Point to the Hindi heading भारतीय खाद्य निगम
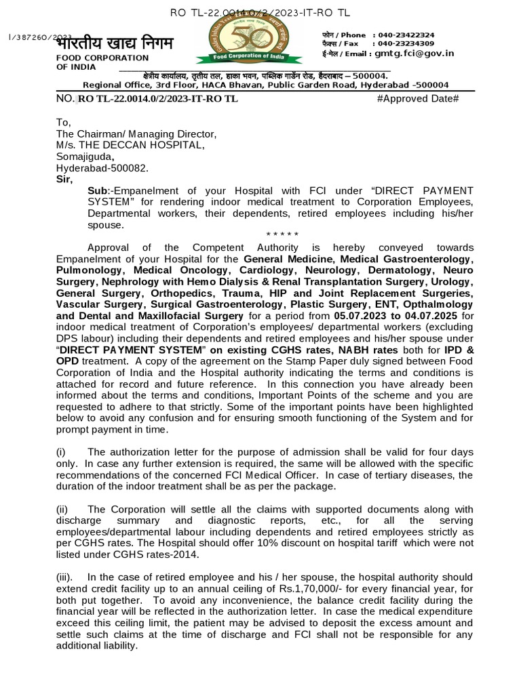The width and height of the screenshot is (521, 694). pos(115,44)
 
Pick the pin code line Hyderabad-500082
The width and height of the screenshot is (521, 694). pos(101,167)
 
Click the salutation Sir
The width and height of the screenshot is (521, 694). pos(66,179)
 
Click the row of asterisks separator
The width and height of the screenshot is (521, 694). pos(282,235)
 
